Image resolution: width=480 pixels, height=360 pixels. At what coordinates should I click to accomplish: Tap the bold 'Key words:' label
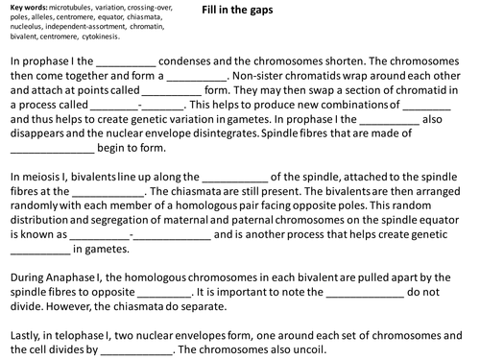tap(24, 10)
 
